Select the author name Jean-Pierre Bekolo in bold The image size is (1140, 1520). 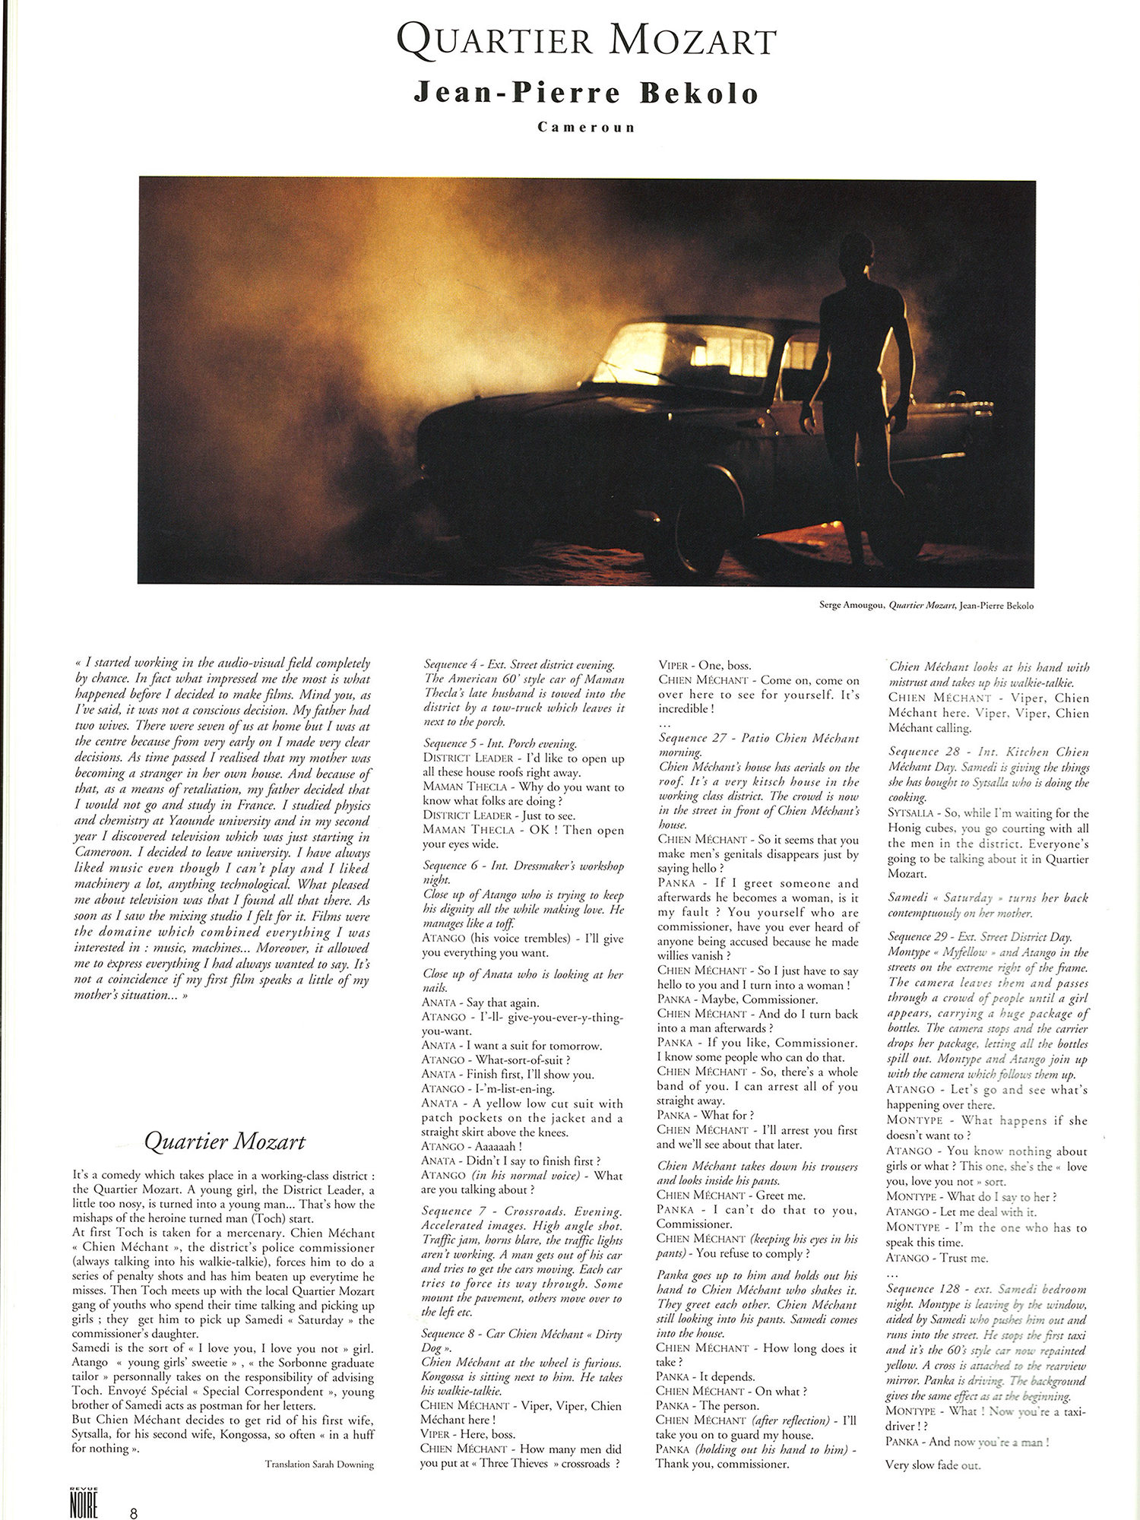click(586, 93)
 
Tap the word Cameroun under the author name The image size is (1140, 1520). click(586, 127)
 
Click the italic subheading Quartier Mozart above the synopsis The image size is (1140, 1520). click(225, 1142)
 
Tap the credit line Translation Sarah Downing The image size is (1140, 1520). click(319, 1464)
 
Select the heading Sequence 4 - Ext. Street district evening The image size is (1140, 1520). click(519, 665)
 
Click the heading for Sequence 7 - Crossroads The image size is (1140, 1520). click(522, 1211)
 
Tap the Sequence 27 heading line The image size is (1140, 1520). click(758, 738)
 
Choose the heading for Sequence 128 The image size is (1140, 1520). click(986, 1289)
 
